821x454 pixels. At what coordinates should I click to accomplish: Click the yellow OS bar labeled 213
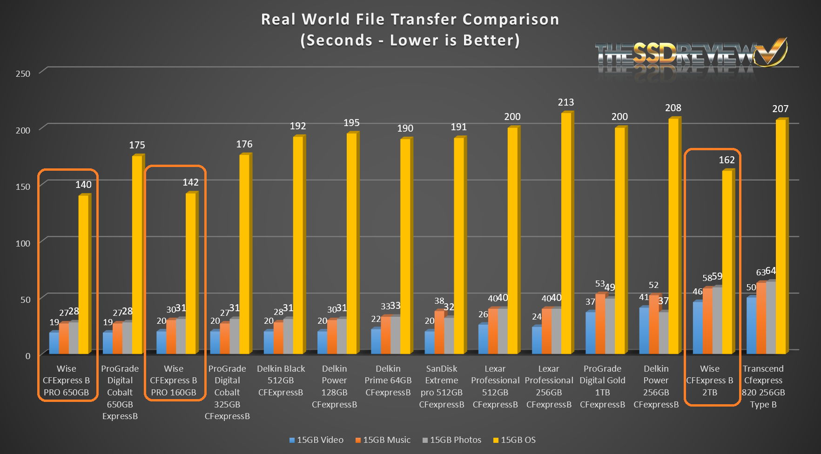[x=566, y=233]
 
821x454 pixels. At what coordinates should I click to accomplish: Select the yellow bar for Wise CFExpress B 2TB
[x=727, y=260]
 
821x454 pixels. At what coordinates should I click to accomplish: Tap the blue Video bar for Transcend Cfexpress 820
[x=751, y=326]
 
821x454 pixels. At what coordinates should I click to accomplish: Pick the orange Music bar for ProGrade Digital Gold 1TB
[x=600, y=323]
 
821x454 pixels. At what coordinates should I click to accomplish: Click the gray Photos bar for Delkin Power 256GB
[x=664, y=333]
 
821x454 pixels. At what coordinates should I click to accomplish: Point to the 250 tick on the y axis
[x=23, y=73]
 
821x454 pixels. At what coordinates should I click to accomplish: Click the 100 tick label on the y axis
[x=23, y=243]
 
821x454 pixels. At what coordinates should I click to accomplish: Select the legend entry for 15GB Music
[x=383, y=440]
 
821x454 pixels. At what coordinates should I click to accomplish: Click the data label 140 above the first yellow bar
[x=83, y=185]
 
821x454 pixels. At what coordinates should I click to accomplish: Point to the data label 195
[x=351, y=123]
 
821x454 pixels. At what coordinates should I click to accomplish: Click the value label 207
[x=780, y=109]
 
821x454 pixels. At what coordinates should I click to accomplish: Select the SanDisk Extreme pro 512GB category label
[x=442, y=387]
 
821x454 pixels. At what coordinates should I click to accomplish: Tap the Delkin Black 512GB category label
[x=281, y=381]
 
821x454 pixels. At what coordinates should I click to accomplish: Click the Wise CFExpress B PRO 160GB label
[x=174, y=381]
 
